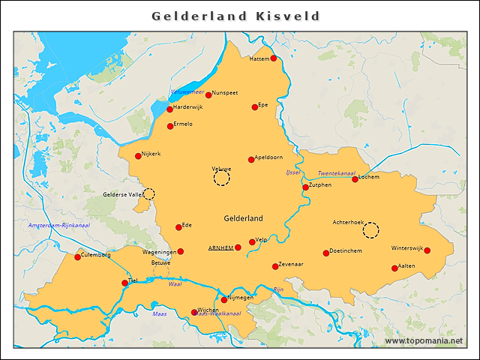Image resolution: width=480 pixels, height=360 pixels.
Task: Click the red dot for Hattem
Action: [274, 58]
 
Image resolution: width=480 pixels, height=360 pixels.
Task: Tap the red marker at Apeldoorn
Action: [251, 159]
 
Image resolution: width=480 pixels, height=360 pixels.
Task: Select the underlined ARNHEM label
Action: [220, 247]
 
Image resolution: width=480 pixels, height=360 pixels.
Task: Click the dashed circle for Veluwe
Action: [222, 178]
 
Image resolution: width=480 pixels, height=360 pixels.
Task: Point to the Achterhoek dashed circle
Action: [371, 229]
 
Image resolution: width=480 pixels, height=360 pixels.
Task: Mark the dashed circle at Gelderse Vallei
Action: [148, 193]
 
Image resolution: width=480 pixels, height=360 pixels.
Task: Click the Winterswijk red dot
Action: [427, 250]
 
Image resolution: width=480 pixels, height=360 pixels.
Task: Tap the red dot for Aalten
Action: [394, 268]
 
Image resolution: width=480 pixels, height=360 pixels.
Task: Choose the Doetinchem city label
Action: [346, 250]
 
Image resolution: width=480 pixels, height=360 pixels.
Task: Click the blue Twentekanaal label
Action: [337, 173]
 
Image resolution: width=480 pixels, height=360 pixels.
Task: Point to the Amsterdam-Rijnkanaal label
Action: [58, 226]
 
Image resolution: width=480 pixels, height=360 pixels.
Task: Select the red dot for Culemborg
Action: [77, 257]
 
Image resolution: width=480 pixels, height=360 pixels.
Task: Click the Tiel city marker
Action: [124, 283]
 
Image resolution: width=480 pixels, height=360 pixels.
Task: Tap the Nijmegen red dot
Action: [223, 300]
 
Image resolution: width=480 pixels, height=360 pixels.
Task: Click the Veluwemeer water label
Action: [187, 91]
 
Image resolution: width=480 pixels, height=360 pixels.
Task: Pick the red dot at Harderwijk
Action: [169, 109]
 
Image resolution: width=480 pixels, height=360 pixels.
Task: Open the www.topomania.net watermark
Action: [424, 340]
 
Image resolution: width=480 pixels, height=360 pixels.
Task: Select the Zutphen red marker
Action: [305, 187]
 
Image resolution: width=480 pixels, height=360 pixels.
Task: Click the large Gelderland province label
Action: [243, 218]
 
